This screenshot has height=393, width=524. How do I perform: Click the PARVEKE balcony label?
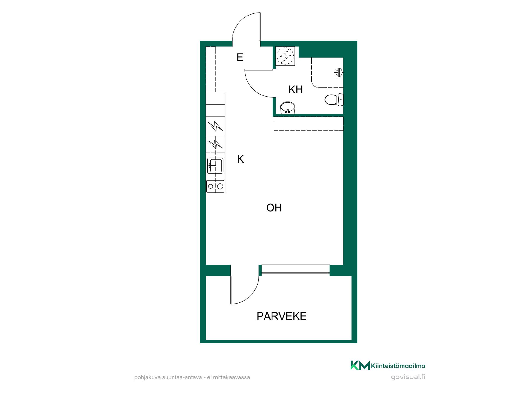coord(281,316)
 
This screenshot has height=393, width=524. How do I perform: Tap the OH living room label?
coord(274,208)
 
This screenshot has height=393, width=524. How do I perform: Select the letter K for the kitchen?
coord(240,159)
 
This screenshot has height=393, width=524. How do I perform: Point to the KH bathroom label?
coord(296,90)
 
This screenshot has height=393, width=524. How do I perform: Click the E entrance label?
coord(240,57)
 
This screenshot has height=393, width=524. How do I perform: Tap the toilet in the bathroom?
coord(334,100)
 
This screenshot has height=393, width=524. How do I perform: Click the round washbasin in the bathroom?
coord(288,108)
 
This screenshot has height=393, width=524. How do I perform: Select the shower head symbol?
coord(339,73)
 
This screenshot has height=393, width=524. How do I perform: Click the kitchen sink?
coord(215,165)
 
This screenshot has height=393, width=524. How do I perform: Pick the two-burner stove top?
coord(215,186)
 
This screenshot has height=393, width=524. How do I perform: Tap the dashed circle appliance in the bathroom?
coord(285,56)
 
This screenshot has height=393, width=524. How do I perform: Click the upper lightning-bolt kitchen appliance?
coord(215,126)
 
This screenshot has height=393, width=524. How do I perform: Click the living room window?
coord(295,270)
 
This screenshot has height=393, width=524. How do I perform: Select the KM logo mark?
coord(360,365)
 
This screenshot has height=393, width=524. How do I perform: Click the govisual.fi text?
coord(408,377)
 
